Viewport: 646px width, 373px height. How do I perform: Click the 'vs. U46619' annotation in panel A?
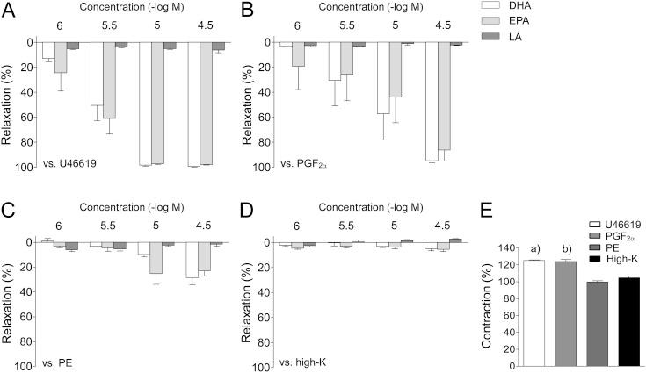point(69,164)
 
